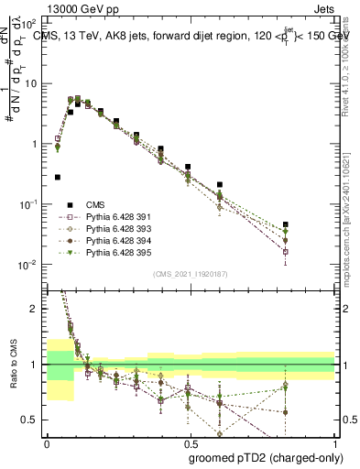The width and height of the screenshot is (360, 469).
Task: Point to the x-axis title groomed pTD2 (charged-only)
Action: coord(267,457)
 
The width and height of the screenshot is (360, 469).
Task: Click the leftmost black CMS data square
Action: coord(58,177)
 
